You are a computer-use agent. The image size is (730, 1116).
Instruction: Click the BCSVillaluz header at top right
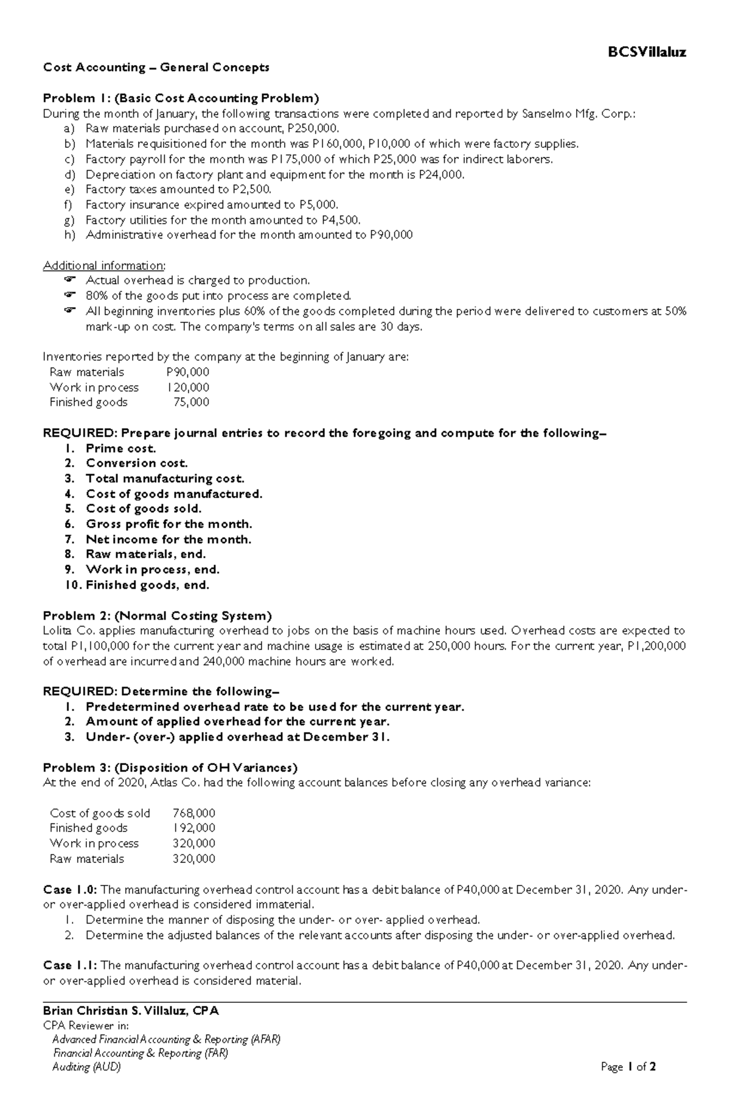pos(647,52)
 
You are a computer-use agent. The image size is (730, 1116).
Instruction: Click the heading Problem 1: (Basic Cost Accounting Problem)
pos(181,98)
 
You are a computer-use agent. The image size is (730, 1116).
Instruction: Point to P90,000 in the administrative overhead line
pos(391,235)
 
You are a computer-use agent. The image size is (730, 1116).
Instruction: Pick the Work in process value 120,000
pos(188,387)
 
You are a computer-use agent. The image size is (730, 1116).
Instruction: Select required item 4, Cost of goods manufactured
pos(174,494)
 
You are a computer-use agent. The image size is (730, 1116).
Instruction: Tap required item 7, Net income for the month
pos(169,539)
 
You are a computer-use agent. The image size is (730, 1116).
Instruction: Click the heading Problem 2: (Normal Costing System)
pos(157,615)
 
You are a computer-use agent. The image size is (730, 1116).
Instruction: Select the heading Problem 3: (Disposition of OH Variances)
pos(170,768)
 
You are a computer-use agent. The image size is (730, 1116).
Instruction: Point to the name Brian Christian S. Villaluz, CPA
pos(131,1011)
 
